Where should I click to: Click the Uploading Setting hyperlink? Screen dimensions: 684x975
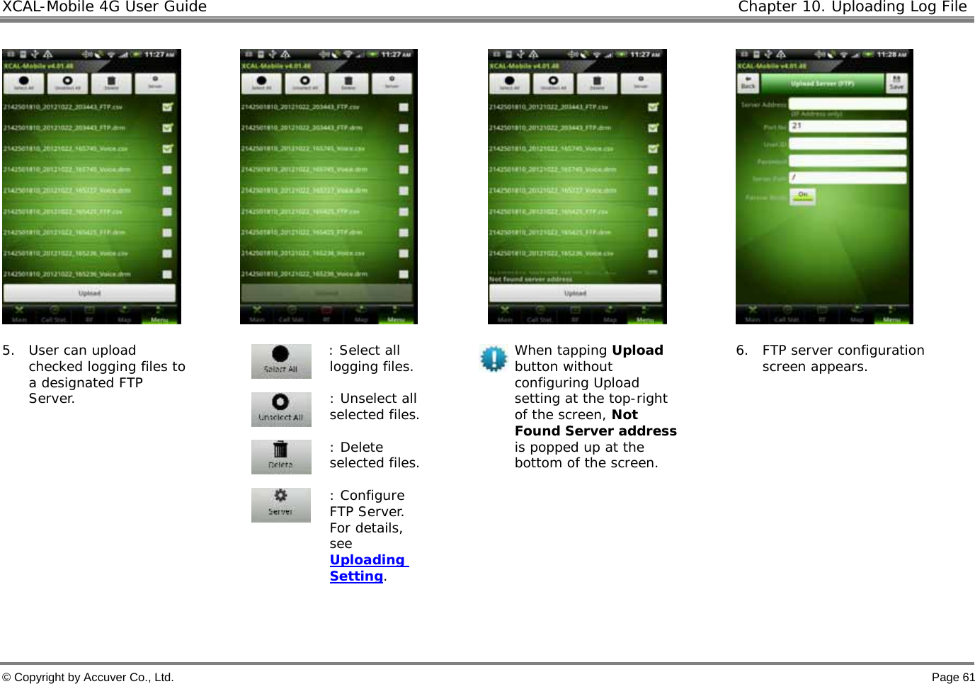[368, 568]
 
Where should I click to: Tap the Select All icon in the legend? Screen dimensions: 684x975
[281, 361]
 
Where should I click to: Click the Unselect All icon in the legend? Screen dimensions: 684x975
[281, 409]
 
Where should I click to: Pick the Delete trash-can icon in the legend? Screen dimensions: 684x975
[281, 457]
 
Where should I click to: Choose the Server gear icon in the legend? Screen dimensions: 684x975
[281, 505]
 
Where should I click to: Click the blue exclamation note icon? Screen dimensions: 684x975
[493, 358]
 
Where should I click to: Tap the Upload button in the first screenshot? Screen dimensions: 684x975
[89, 293]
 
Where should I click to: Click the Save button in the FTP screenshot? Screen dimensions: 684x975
[896, 83]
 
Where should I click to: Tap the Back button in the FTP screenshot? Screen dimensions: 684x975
[748, 83]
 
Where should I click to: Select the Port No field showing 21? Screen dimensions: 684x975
[847, 126]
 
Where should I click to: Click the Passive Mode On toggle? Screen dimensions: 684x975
[803, 196]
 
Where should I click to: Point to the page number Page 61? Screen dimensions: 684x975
[952, 677]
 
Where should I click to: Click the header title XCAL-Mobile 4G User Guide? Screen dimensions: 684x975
[105, 7]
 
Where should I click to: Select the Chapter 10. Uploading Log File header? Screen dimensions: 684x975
[852, 7]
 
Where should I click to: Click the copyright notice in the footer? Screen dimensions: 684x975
[88, 677]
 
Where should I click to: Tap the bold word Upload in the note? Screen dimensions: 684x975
[637, 350]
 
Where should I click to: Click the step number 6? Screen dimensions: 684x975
[741, 350]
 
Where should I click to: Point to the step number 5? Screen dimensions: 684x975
[8, 350]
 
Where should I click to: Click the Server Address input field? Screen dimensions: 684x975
[847, 104]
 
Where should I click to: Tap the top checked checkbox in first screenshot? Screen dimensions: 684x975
[167, 108]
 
